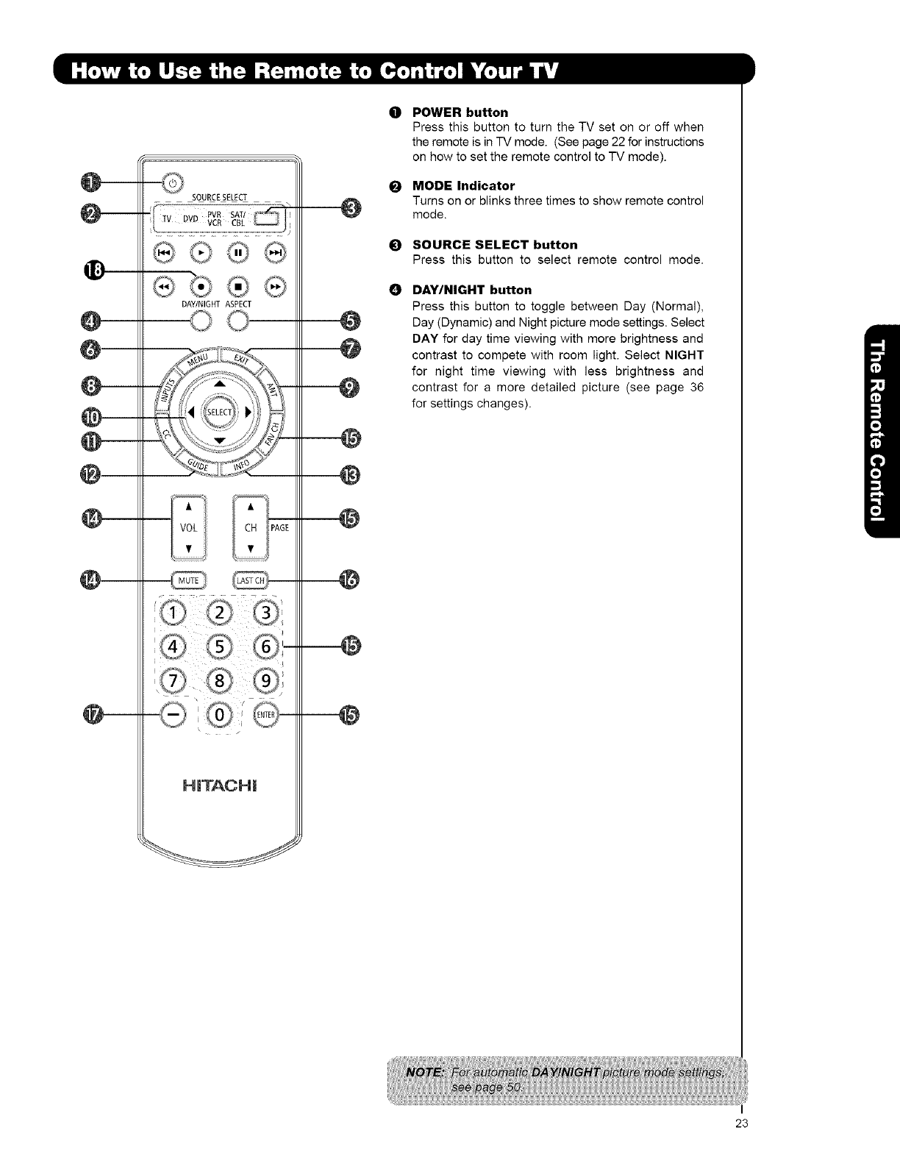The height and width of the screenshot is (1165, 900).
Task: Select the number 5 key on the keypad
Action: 219,646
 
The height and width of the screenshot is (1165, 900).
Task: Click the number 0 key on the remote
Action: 220,714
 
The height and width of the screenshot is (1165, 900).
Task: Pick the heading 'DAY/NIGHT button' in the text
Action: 472,290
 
